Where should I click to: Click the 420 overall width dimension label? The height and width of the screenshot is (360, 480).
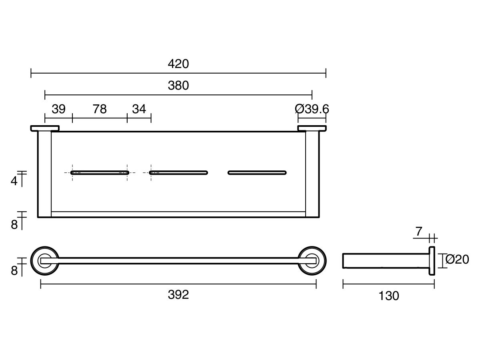click(178, 64)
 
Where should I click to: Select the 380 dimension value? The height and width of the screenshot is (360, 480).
click(178, 85)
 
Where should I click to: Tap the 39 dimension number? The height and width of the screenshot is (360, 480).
click(59, 109)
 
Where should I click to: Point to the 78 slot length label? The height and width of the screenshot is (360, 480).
click(100, 109)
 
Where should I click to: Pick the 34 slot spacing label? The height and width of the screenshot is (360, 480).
click(139, 109)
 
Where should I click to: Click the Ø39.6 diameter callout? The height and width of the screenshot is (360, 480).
click(312, 109)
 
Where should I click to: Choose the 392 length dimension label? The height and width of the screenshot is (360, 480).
click(178, 295)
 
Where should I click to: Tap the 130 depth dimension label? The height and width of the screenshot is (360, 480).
click(388, 296)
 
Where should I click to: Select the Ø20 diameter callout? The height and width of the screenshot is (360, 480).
click(457, 260)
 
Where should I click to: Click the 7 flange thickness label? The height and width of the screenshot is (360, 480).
click(419, 231)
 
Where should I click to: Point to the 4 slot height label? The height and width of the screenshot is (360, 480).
click(14, 181)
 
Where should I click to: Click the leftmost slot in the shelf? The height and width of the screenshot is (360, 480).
click(100, 173)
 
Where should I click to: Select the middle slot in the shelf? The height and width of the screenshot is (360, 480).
click(178, 173)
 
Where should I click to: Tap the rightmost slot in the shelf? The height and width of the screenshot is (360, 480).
click(257, 173)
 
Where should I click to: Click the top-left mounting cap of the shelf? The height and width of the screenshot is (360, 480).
click(45, 128)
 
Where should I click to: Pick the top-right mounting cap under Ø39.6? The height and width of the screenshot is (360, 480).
click(312, 128)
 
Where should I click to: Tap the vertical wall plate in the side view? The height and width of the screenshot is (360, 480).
click(432, 261)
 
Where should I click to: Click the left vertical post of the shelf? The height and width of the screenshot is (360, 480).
click(44, 174)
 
